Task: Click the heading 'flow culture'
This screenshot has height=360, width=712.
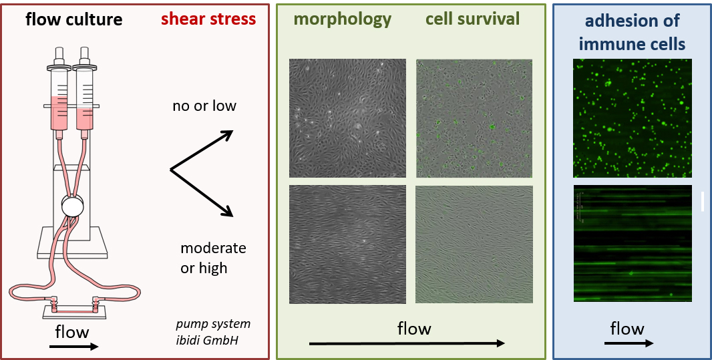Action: click(x=74, y=19)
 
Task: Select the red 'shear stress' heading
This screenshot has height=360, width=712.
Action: click(x=208, y=19)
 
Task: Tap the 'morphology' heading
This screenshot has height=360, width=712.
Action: click(x=343, y=19)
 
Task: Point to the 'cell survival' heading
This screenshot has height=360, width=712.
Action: click(x=473, y=19)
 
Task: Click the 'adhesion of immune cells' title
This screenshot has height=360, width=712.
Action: click(x=632, y=32)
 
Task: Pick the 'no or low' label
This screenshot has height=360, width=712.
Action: click(x=204, y=106)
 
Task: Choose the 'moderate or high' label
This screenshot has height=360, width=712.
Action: click(x=214, y=258)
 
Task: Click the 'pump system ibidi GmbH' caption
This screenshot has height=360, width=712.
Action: click(x=213, y=332)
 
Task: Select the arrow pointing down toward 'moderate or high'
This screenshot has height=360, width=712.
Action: click(x=202, y=193)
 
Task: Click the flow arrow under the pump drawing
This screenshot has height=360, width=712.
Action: click(x=73, y=347)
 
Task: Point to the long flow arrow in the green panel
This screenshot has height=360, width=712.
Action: click(x=407, y=343)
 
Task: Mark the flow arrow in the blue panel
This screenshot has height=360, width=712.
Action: click(x=629, y=343)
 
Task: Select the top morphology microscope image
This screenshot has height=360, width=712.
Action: click(x=347, y=118)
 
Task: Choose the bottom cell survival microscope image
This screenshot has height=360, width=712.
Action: click(x=474, y=244)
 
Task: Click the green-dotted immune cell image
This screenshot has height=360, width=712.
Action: click(x=633, y=118)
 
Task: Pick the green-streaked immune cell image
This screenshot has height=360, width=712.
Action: click(x=633, y=243)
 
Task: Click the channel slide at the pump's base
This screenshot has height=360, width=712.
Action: click(x=74, y=312)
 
